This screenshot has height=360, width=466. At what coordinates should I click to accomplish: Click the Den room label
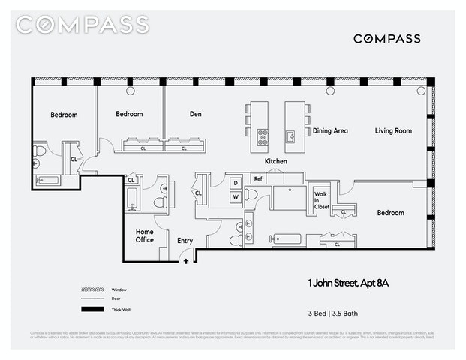coord(196,115)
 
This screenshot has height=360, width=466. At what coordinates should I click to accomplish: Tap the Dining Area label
coord(330,130)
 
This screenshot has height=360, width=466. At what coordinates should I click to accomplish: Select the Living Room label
coord(393,130)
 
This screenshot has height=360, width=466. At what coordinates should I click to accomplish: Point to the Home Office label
coord(144,235)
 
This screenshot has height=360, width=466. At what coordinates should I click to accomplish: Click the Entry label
coord(185,241)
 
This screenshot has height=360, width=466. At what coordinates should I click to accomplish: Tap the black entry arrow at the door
coord(187,262)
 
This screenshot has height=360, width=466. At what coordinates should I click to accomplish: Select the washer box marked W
coord(234,196)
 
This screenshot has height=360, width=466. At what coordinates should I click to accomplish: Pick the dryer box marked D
coord(234,183)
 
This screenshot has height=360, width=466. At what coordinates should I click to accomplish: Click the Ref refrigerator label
coord(257,179)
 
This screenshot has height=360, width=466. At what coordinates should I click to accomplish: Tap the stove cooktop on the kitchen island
coord(263,136)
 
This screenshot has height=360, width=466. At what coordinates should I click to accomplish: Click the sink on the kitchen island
coord(290,136)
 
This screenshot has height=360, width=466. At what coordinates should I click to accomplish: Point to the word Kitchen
coord(276,161)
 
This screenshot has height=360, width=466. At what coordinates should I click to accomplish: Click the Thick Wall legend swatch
coord(91,310)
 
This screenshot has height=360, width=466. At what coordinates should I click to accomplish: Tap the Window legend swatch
coord(91,289)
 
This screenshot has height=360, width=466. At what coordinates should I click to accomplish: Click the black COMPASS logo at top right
coord(386,39)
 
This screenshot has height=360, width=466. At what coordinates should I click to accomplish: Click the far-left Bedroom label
coord(64,115)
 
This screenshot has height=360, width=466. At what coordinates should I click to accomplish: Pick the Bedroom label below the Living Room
coord(390,213)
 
